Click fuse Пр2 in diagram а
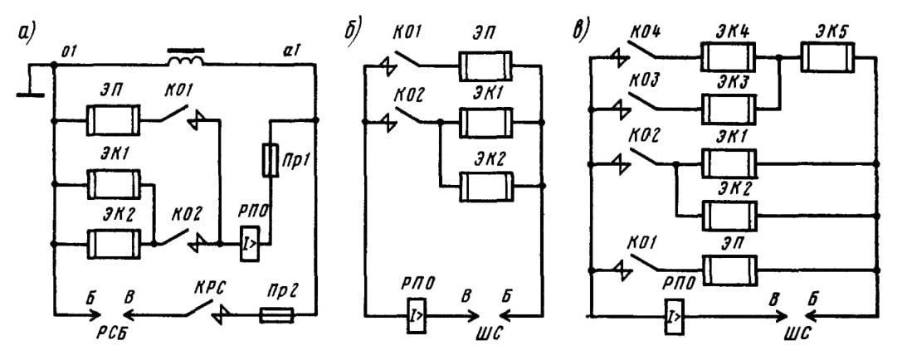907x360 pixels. [277, 315]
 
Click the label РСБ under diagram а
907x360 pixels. [112, 333]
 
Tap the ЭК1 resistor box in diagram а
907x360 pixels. [113, 184]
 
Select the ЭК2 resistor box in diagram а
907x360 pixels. [113, 244]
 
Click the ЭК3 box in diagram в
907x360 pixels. [729, 109]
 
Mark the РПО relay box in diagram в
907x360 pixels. [675, 316]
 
